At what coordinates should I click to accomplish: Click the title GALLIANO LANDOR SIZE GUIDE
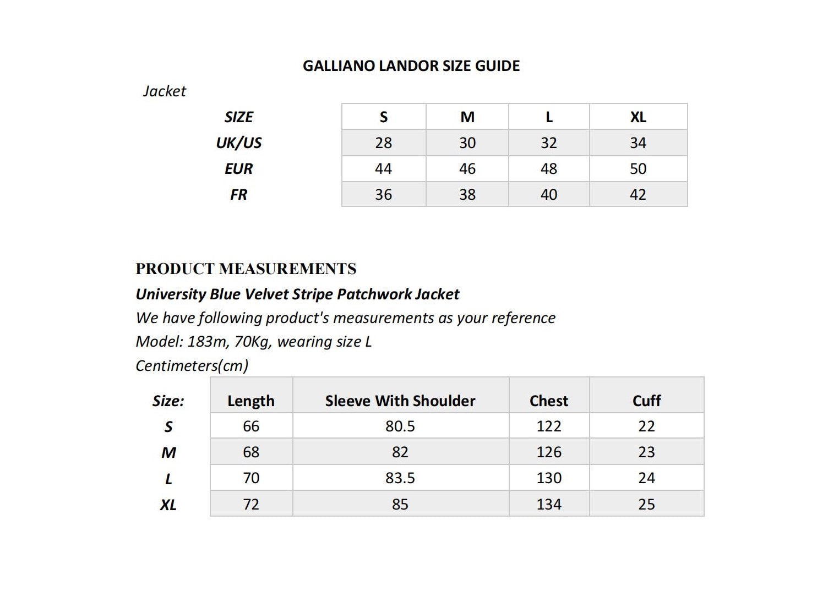click(x=411, y=66)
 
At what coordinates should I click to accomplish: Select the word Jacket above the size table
click(x=165, y=91)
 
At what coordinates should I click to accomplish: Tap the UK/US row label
click(x=238, y=143)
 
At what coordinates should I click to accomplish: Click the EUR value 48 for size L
click(x=548, y=169)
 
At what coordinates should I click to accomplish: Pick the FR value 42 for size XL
click(x=638, y=195)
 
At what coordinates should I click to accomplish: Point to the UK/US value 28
click(x=383, y=143)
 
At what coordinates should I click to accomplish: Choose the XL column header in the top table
click(x=638, y=117)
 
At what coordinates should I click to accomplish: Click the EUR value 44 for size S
click(x=383, y=169)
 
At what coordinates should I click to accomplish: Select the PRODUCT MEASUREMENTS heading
click(x=246, y=269)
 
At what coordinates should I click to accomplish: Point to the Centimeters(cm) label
click(x=192, y=366)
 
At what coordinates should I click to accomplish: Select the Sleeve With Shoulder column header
click(x=400, y=401)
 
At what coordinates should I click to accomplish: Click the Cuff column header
click(x=646, y=401)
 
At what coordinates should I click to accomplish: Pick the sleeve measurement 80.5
click(x=400, y=426)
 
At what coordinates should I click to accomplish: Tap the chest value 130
click(x=549, y=478)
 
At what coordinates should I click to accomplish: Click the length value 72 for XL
click(x=251, y=505)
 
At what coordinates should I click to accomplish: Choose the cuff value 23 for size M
click(x=646, y=452)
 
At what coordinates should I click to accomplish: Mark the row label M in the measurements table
click(x=168, y=453)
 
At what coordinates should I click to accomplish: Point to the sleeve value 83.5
click(x=400, y=478)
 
